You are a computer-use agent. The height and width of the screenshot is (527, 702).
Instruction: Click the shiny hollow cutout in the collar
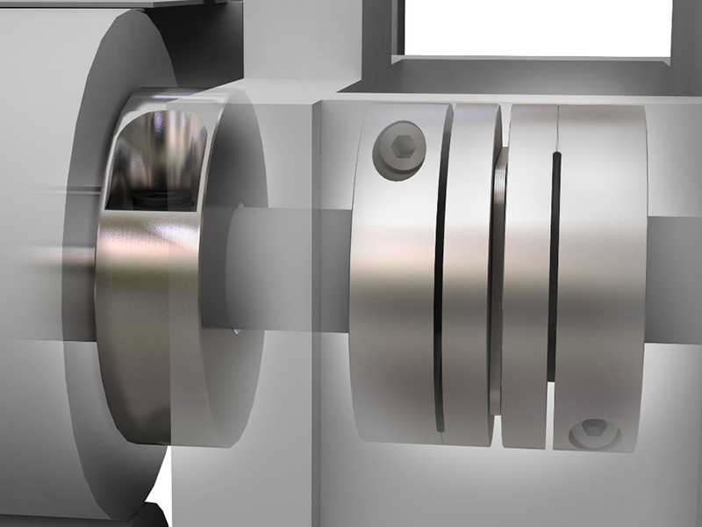[x=149, y=158]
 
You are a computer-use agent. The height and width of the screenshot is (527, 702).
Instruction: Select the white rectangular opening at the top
[x=535, y=26]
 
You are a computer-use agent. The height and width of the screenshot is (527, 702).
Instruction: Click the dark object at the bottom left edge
[x=149, y=514]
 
